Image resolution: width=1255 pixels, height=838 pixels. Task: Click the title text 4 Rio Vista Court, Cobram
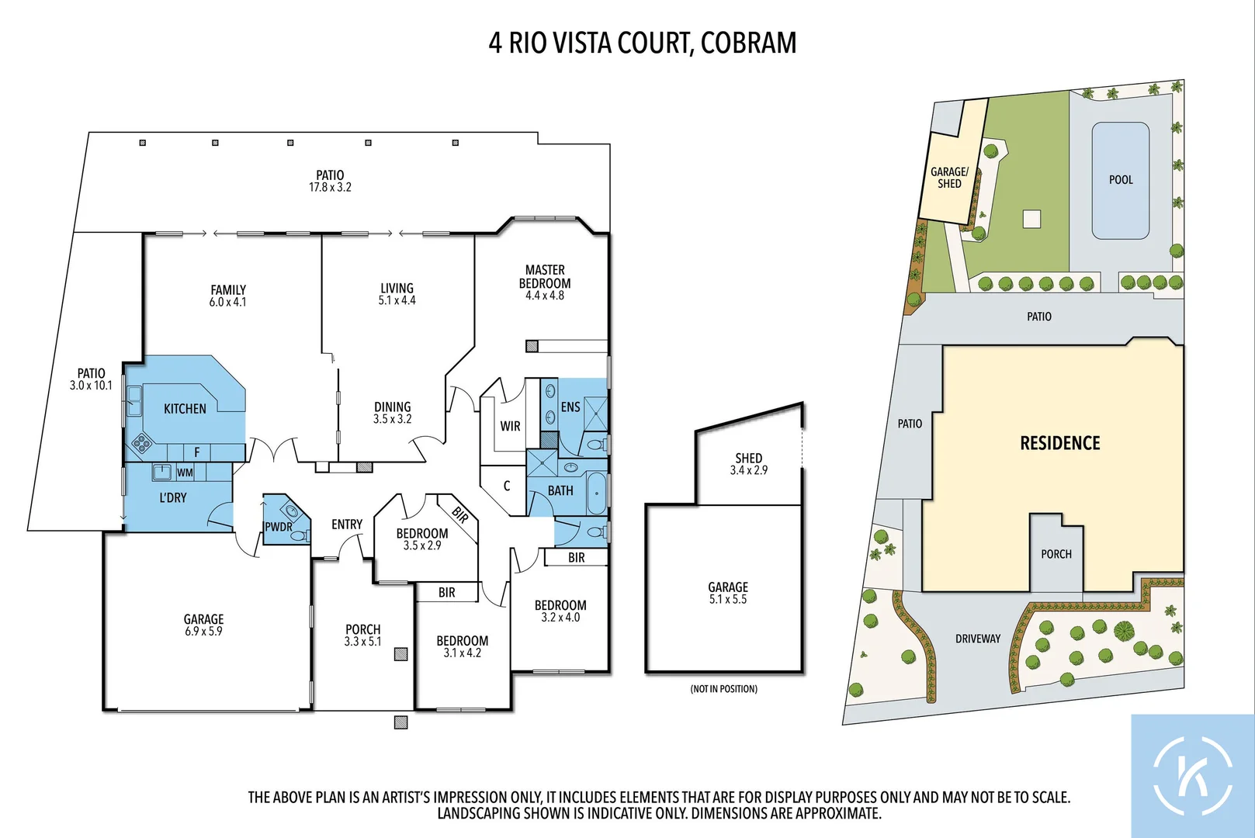pyautogui.click(x=642, y=43)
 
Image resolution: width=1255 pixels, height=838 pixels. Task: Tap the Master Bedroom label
pyautogui.click(x=545, y=277)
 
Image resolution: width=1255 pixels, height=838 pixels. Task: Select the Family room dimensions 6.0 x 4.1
pyautogui.click(x=227, y=302)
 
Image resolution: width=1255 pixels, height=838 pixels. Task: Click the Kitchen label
pyautogui.click(x=185, y=409)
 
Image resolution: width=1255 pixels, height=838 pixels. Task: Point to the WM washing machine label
pyautogui.click(x=185, y=473)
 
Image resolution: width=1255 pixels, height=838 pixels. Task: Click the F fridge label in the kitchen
pyautogui.click(x=197, y=452)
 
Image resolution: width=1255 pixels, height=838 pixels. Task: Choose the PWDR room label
pyautogui.click(x=279, y=527)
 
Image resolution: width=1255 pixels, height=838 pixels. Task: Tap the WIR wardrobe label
pyautogui.click(x=510, y=426)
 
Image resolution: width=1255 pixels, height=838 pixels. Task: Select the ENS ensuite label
pyautogui.click(x=570, y=407)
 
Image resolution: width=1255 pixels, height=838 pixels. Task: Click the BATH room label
pyautogui.click(x=560, y=491)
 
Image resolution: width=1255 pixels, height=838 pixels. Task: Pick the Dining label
pyautogui.click(x=393, y=407)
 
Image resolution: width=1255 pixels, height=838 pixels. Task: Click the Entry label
pyautogui.click(x=347, y=525)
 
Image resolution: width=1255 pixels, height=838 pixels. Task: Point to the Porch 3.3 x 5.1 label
pyautogui.click(x=362, y=635)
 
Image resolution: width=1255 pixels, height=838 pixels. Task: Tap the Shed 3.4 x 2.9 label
pyautogui.click(x=748, y=464)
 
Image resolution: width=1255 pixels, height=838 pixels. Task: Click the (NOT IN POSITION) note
pyautogui.click(x=723, y=689)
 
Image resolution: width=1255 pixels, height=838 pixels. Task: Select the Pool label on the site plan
pyautogui.click(x=1121, y=180)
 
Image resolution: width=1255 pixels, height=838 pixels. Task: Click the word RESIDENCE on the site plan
pyautogui.click(x=1059, y=443)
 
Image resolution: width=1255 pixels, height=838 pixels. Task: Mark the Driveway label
pyautogui.click(x=978, y=639)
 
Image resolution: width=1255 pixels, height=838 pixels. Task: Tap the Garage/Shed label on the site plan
pyautogui.click(x=949, y=178)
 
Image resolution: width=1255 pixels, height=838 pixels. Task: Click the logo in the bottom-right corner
pyautogui.click(x=1192, y=776)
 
